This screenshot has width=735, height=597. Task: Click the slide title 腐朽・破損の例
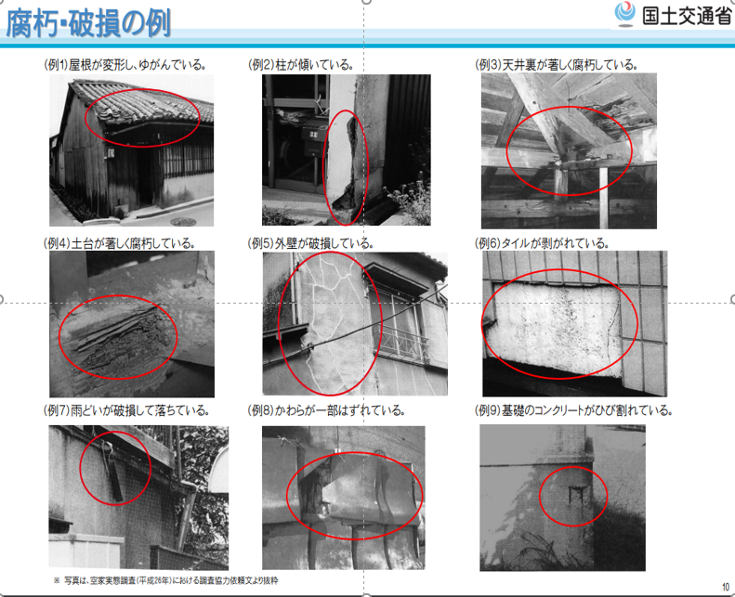(x=88, y=23)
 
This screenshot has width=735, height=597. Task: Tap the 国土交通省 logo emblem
(x=624, y=14)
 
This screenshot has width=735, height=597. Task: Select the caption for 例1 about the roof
(x=125, y=65)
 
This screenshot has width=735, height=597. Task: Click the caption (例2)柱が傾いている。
(x=301, y=65)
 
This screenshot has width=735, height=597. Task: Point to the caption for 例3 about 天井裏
(x=557, y=65)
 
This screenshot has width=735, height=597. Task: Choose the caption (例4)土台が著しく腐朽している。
(x=119, y=243)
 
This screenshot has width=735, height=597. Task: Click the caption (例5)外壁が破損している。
(x=310, y=243)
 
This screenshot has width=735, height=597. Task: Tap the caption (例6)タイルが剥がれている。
(x=543, y=243)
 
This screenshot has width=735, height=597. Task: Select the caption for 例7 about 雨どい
(x=126, y=410)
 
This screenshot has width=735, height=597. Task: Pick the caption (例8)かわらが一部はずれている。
(x=326, y=410)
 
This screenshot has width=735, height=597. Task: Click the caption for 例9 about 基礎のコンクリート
(x=574, y=410)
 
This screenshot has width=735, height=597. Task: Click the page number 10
(x=726, y=587)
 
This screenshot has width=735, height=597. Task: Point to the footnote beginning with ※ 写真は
(x=165, y=580)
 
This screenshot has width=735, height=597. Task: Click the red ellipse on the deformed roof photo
(x=142, y=89)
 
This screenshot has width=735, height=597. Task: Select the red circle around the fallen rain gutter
(x=80, y=467)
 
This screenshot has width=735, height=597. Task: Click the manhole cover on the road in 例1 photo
(x=183, y=222)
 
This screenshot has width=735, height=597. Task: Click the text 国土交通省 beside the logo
(x=687, y=16)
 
